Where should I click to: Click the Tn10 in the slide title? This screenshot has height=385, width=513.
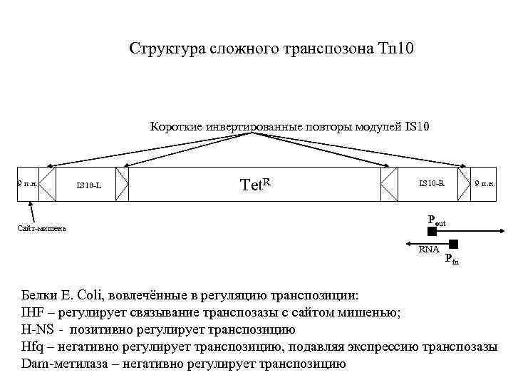pos(397,49)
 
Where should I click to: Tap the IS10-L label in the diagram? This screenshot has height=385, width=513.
pos(89,187)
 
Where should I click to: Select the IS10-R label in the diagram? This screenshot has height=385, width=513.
pos(432,183)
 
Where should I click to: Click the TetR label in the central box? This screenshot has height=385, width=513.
pos(256,185)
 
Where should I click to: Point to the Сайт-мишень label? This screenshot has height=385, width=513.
pos(42,228)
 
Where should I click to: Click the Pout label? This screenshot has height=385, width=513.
pos(436,221)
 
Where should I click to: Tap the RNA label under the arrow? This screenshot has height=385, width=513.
pos(429,249)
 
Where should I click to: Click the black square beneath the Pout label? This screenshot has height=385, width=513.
pos(432,232)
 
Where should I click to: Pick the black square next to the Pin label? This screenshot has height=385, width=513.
pos(453,244)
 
